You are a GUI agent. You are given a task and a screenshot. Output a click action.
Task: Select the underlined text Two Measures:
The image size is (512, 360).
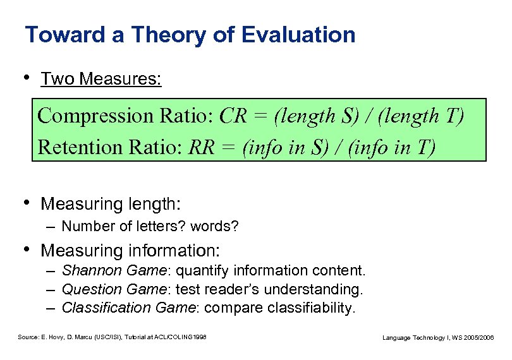pos(101,80)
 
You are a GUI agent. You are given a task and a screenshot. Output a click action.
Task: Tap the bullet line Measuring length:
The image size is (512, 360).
pos(111,204)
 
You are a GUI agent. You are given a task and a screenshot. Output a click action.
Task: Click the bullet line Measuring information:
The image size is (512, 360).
pos(130,251)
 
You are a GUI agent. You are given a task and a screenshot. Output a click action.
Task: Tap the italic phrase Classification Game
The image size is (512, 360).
pos(129,308)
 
